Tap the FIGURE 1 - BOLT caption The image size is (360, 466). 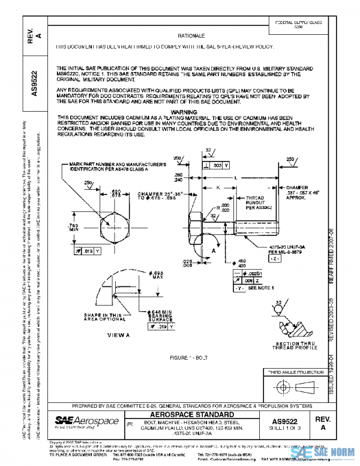(193, 356)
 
